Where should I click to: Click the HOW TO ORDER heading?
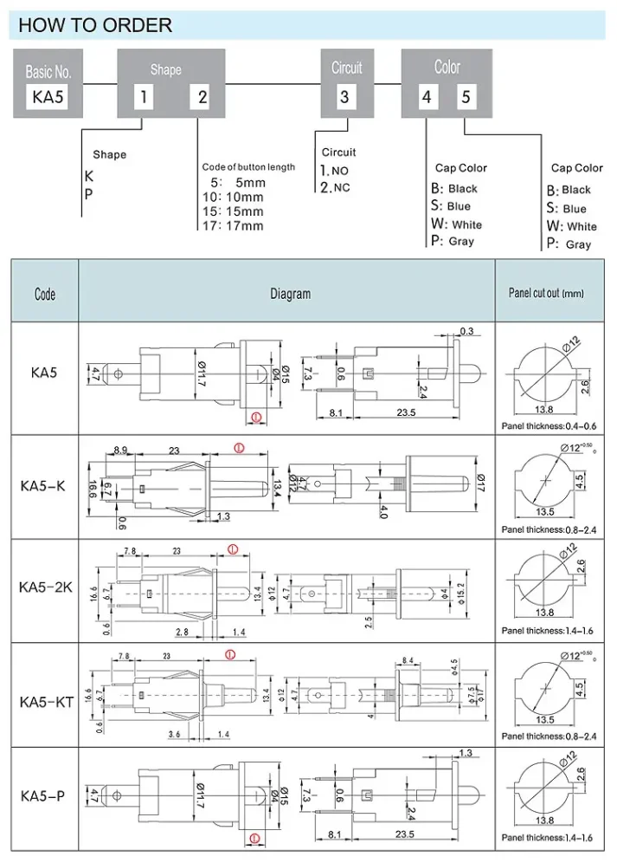tap(95, 24)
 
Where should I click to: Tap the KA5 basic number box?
tap(47, 96)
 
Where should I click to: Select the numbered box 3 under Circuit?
tap(344, 96)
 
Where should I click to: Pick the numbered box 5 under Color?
tap(465, 96)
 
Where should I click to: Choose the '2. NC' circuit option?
tap(335, 187)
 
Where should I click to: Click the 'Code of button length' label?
tap(248, 166)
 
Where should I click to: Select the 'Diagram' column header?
tap(290, 294)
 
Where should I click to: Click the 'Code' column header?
tap(45, 294)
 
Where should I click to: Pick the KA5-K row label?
tap(42, 486)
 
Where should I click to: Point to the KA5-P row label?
tap(42, 795)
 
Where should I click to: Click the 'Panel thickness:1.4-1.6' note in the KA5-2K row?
tap(545, 631)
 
